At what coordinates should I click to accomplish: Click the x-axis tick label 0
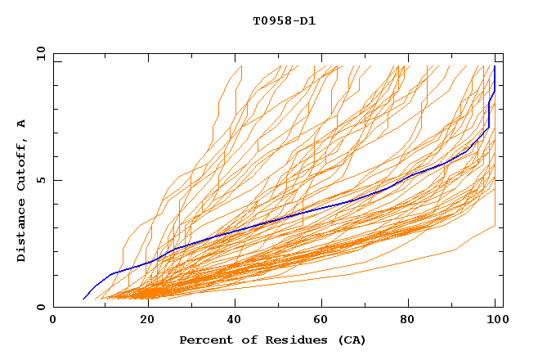tap(53, 320)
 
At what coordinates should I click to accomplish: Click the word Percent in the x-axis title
tap(203, 340)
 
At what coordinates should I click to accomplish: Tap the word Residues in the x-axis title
tap(285, 340)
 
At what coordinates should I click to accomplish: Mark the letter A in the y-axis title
tap(22, 123)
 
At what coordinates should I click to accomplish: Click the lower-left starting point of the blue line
tap(83, 299)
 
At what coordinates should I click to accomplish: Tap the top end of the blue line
tap(495, 66)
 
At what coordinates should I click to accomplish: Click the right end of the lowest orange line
tap(495, 226)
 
